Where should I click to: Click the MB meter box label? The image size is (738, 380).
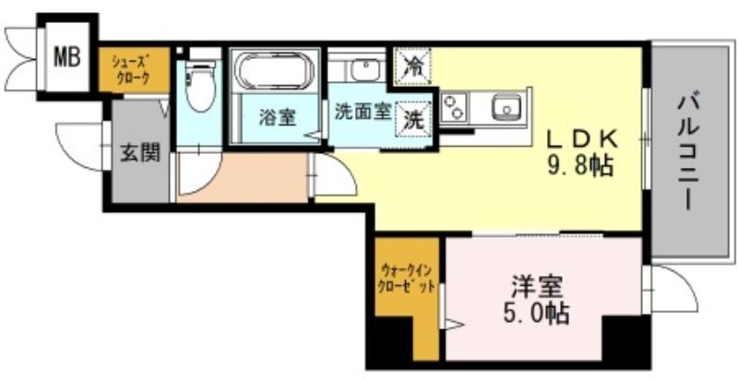pyautogui.click(x=66, y=57)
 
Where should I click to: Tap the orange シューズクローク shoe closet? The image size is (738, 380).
pyautogui.click(x=134, y=69)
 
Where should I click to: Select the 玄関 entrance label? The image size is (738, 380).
pyautogui.click(x=140, y=152)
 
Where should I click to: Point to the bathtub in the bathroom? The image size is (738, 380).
pyautogui.click(x=274, y=70)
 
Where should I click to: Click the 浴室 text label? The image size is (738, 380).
pyautogui.click(x=278, y=117)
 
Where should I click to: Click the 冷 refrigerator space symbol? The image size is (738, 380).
pyautogui.click(x=412, y=65)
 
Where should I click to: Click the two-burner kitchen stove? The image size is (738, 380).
pyautogui.click(x=453, y=107)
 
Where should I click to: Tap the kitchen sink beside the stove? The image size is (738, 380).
pyautogui.click(x=506, y=106)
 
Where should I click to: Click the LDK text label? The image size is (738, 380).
pyautogui.click(x=581, y=139)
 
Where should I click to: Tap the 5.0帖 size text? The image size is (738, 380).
pyautogui.click(x=536, y=314)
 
